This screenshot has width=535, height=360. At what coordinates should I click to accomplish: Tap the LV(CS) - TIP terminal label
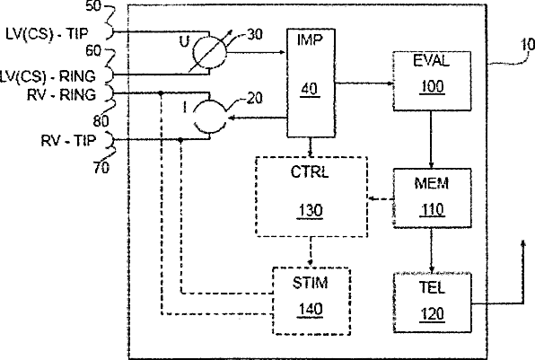pyautogui.click(x=47, y=34)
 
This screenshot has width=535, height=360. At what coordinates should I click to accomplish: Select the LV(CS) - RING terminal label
pyautogui.click(x=47, y=76)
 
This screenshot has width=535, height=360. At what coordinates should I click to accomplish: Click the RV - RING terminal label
pyautogui.click(x=61, y=94)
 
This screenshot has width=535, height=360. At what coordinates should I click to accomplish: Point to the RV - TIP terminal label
pyautogui.click(x=68, y=140)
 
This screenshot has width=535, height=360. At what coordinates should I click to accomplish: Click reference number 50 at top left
pyautogui.click(x=92, y=5)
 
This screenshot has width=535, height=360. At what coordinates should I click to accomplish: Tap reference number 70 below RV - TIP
pyautogui.click(x=101, y=167)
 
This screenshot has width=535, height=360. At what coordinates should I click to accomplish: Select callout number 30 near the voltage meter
pyautogui.click(x=255, y=34)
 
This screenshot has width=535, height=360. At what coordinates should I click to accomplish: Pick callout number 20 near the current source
pyautogui.click(x=255, y=98)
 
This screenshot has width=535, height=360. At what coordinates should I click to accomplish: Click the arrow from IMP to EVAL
pyautogui.click(x=364, y=83)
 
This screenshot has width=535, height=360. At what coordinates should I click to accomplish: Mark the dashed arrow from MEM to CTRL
pyautogui.click(x=381, y=198)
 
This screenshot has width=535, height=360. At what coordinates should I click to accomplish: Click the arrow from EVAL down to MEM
pyautogui.click(x=431, y=139)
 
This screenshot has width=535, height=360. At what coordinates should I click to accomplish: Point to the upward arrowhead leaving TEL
pyautogui.click(x=522, y=243)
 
